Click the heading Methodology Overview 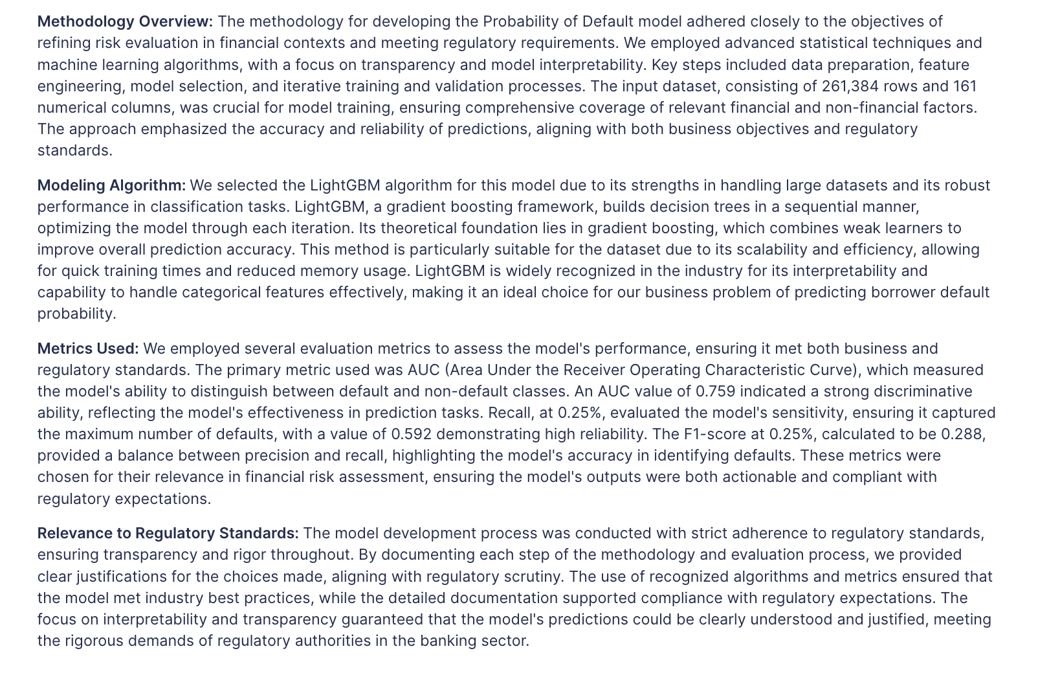pyautogui.click(x=125, y=21)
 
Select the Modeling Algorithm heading pyautogui.click(x=111, y=185)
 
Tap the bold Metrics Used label pyautogui.click(x=88, y=349)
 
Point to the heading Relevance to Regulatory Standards pyautogui.click(x=168, y=533)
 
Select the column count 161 pyautogui.click(x=964, y=86)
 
